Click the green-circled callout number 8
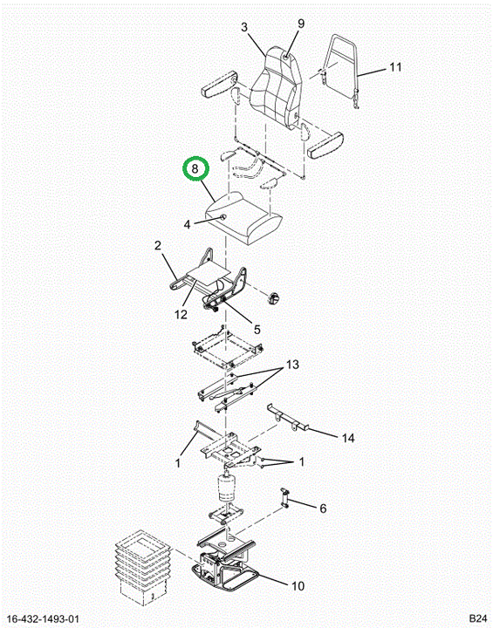195,169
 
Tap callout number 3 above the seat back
244,27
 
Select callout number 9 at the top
301,24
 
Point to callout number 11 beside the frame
395,66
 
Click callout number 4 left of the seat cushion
187,225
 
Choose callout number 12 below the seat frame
181,314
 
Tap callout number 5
257,329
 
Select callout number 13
292,365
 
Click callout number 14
348,438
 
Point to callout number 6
323,509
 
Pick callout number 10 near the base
298,586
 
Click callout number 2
158,245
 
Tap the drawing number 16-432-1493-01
43,619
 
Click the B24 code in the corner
478,618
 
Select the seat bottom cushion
244,217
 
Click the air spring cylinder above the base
227,488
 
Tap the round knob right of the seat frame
274,299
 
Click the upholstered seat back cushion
276,86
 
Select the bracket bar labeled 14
289,418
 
